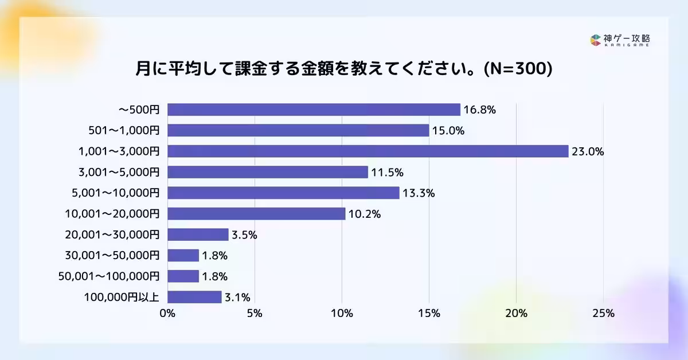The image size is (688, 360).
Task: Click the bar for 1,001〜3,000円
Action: (x=367, y=151)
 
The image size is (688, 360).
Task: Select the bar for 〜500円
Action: (x=314, y=109)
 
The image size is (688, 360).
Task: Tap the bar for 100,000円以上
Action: (x=194, y=297)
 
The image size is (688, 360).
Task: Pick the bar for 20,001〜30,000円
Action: (x=198, y=234)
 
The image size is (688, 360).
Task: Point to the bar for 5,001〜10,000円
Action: (x=283, y=193)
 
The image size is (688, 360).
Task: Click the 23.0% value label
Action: (x=588, y=152)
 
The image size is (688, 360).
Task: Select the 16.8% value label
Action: (x=479, y=110)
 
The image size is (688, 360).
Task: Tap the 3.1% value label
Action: (x=236, y=298)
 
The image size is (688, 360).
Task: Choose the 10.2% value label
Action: (x=365, y=214)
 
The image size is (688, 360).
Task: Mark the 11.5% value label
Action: (x=387, y=173)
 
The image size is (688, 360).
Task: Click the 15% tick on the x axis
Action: (x=429, y=314)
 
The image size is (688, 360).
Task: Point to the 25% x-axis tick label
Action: (x=603, y=314)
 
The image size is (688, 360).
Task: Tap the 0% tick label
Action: (x=167, y=314)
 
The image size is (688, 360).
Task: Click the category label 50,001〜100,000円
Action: (x=109, y=276)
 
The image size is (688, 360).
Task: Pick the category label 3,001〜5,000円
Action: (x=119, y=173)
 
